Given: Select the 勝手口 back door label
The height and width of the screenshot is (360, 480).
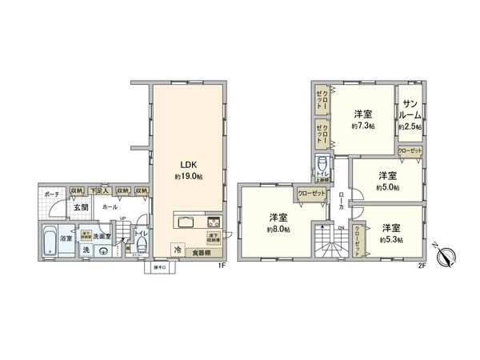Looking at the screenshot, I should coord(155,268).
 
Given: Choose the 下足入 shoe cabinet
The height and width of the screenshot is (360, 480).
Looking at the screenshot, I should coord(98,191).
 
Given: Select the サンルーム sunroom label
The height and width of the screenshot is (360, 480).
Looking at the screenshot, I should coord(411,111).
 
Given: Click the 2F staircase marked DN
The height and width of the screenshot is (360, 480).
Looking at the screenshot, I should coord(330,240).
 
